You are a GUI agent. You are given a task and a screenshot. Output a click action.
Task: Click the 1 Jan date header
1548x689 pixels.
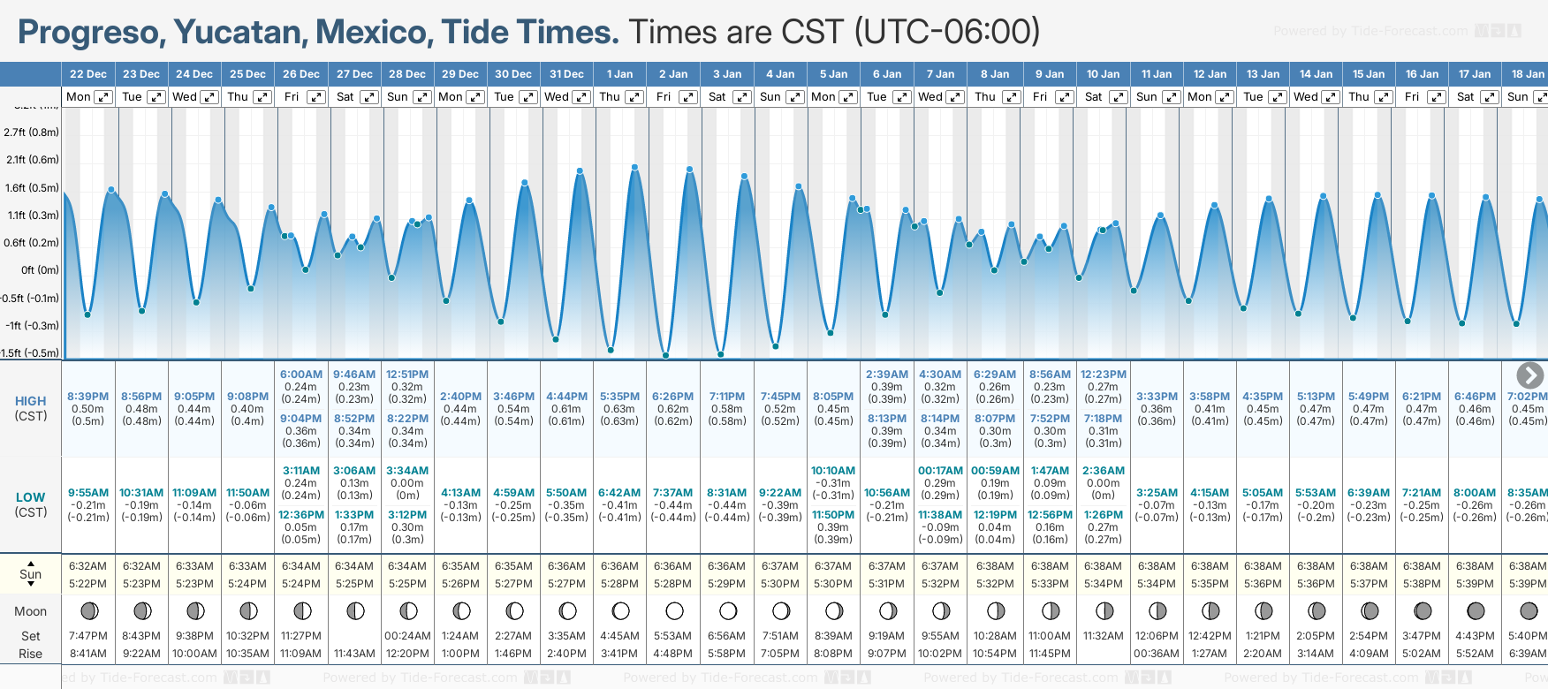[x=619, y=74]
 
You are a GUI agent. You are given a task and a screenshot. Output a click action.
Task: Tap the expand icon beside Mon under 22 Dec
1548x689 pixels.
[x=103, y=97]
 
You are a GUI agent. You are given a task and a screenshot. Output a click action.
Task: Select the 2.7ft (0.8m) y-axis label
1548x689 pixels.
[x=32, y=132]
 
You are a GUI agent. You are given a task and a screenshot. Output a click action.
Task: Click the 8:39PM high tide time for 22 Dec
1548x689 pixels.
[x=87, y=397]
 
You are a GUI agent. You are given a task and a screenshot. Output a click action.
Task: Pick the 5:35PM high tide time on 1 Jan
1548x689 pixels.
[x=619, y=397]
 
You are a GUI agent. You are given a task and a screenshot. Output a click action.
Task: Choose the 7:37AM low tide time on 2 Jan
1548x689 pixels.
[x=672, y=493]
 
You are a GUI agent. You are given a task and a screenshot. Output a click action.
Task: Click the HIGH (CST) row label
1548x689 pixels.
[x=31, y=408]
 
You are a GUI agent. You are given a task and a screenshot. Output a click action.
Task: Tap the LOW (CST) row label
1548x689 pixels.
[x=31, y=504]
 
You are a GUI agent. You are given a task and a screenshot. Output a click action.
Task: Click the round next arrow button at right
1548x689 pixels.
[x=1529, y=375]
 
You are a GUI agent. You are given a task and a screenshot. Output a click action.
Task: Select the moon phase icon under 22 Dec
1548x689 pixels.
[x=89, y=610]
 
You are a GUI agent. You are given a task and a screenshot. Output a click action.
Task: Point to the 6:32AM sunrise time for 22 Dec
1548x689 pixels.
[x=87, y=566]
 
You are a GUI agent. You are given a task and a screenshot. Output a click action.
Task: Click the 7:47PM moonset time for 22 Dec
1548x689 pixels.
[x=87, y=636]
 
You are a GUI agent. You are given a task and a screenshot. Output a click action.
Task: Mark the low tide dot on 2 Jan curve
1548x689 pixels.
[x=666, y=355]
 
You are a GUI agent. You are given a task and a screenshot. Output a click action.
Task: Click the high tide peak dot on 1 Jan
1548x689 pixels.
[x=634, y=166]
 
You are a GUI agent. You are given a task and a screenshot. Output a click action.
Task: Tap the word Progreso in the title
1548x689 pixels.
[x=90, y=33]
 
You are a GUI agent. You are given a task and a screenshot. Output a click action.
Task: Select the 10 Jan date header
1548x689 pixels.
[x=1103, y=74]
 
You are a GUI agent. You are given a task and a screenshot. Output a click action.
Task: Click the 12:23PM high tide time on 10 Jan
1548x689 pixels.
[x=1104, y=375]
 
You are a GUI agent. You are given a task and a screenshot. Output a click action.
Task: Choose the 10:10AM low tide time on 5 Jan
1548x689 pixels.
[x=833, y=471]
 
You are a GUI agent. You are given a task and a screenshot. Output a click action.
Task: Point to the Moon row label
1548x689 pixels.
[x=31, y=611]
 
